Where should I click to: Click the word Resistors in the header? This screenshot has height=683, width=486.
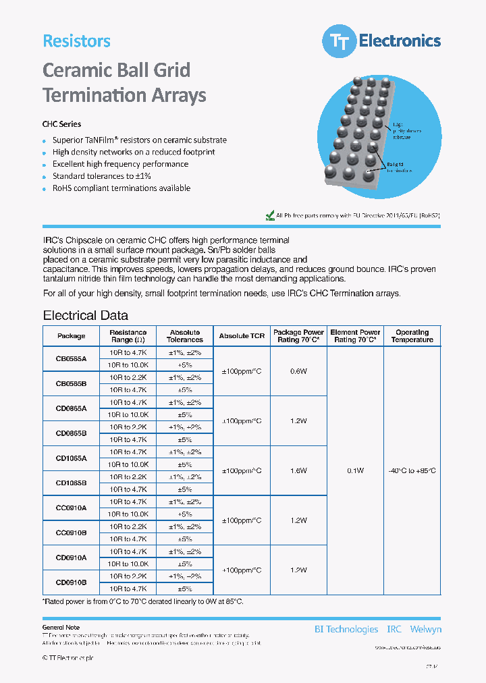pyautogui.click(x=76, y=40)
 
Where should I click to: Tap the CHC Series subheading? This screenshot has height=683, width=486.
pyautogui.click(x=61, y=124)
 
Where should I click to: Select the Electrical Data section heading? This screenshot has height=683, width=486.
pyautogui.click(x=85, y=315)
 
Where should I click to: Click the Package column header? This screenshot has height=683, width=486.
pyautogui.click(x=71, y=336)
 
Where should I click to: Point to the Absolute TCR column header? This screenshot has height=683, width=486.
pyautogui.click(x=242, y=336)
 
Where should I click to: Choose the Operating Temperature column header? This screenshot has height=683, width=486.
pyautogui.click(x=412, y=336)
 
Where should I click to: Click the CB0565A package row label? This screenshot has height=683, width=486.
pyautogui.click(x=71, y=359)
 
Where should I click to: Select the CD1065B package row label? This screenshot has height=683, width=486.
pyautogui.click(x=71, y=483)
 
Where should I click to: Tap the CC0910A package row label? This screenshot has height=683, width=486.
pyautogui.click(x=71, y=508)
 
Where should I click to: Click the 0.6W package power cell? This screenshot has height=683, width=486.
pyautogui.click(x=298, y=371)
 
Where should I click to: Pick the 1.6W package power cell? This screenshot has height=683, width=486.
pyautogui.click(x=298, y=470)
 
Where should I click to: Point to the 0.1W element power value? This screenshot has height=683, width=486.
pyautogui.click(x=355, y=470)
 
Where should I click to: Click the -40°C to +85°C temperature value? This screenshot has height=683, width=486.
pyautogui.click(x=412, y=470)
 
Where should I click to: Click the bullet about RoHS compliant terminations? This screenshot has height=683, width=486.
pyautogui.click(x=121, y=188)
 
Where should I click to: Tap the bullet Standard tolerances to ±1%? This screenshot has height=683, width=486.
pyautogui.click(x=101, y=176)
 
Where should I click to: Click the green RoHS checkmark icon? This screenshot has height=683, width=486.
pyautogui.click(x=270, y=216)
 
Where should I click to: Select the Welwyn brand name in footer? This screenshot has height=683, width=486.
pyautogui.click(x=425, y=629)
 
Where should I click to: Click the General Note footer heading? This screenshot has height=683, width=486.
pyautogui.click(x=61, y=628)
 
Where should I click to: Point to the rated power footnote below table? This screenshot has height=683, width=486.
pyautogui.click(x=142, y=601)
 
